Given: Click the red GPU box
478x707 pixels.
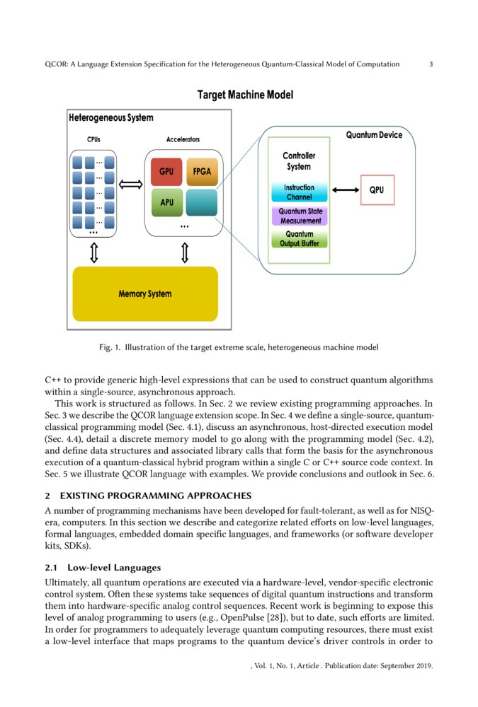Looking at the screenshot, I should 166,172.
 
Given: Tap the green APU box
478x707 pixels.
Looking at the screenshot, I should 166,201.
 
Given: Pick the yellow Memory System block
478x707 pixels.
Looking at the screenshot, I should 145,293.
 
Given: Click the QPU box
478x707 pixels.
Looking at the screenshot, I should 377,189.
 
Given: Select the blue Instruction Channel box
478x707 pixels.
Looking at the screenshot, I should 299,192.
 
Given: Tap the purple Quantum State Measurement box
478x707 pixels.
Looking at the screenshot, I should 299,216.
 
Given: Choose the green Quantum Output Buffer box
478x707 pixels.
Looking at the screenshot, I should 299,239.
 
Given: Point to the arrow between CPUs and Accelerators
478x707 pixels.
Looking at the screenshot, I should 130,185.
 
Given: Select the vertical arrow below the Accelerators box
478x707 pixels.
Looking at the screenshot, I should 185,252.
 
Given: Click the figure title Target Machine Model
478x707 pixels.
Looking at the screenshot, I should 244,95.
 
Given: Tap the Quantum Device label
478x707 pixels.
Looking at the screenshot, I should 373,135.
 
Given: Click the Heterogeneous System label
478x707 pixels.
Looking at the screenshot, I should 110,117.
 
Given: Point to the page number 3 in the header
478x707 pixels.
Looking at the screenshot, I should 431,64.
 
